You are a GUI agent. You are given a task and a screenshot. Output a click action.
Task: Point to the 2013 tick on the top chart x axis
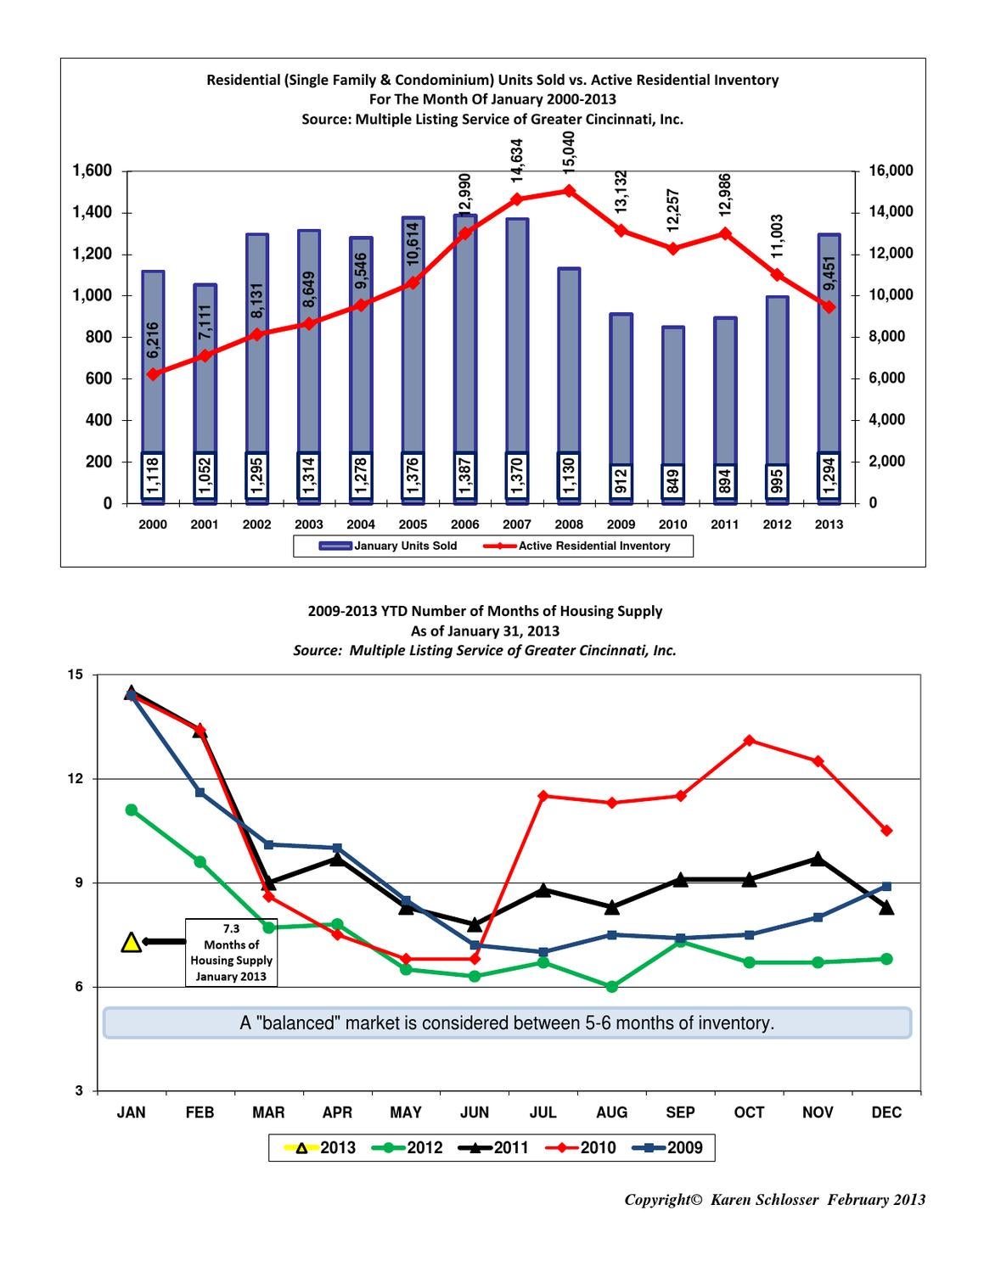829,524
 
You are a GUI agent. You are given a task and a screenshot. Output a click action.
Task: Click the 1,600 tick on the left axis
93,171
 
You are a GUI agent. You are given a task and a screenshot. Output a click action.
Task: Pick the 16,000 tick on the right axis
891,171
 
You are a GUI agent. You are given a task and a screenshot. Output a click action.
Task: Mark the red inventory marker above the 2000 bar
153,374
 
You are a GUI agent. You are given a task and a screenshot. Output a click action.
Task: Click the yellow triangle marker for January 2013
132,942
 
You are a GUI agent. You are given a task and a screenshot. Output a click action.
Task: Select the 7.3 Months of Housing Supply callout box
231,952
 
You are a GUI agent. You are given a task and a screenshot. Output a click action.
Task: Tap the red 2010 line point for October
749,740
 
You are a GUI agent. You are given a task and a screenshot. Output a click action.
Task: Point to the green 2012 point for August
611,986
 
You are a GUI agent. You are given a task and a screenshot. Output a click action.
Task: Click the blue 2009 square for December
886,886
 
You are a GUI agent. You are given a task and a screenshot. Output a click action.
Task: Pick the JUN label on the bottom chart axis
475,1112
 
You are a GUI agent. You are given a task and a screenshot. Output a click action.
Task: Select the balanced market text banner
507,1023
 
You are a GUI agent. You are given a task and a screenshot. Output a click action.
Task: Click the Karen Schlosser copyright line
774,1200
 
